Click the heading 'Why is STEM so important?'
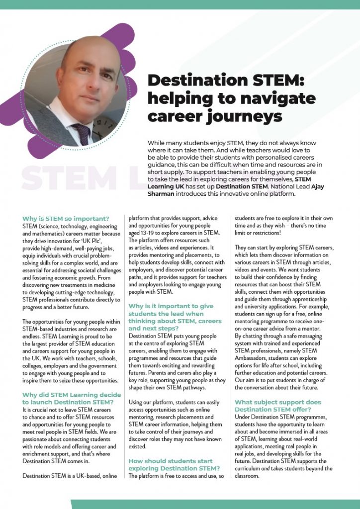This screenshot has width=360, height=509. [66, 218]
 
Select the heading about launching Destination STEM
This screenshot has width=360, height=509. [72, 398]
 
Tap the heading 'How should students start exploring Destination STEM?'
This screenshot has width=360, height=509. [174, 465]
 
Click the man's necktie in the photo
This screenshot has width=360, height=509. [80, 133]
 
